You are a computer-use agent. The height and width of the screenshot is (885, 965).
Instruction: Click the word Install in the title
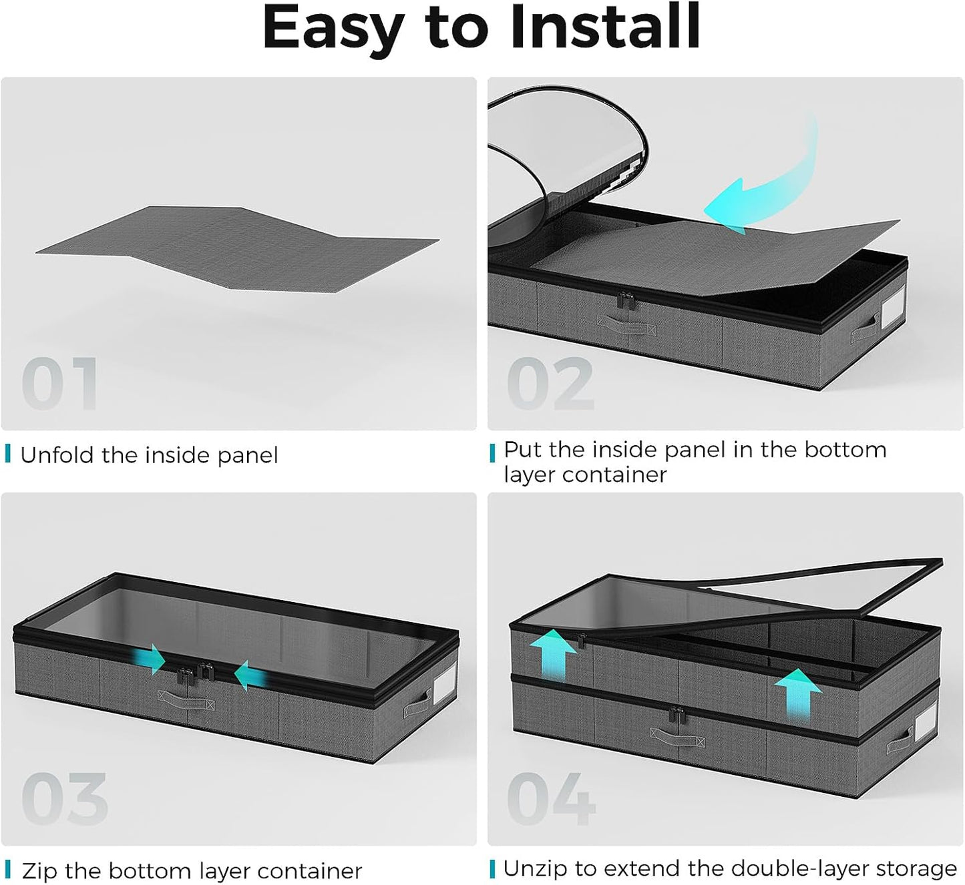tap(604, 27)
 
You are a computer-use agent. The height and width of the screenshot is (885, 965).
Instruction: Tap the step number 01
tap(59, 383)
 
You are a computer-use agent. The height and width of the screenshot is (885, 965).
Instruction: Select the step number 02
tap(550, 383)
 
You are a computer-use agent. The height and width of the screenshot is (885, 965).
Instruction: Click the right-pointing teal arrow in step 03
tap(149, 659)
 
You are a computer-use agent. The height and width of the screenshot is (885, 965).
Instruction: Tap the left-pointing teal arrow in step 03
tap(250, 675)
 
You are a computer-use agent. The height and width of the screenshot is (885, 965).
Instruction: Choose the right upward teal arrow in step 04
tap(799, 693)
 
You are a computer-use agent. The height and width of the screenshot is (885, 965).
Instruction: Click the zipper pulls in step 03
tap(196, 672)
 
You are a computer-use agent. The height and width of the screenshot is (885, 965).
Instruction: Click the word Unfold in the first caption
tap(57, 455)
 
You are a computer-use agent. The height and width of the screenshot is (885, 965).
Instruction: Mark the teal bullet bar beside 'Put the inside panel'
tap(492, 453)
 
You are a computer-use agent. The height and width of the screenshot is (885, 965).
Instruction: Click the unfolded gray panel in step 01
tap(237, 248)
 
